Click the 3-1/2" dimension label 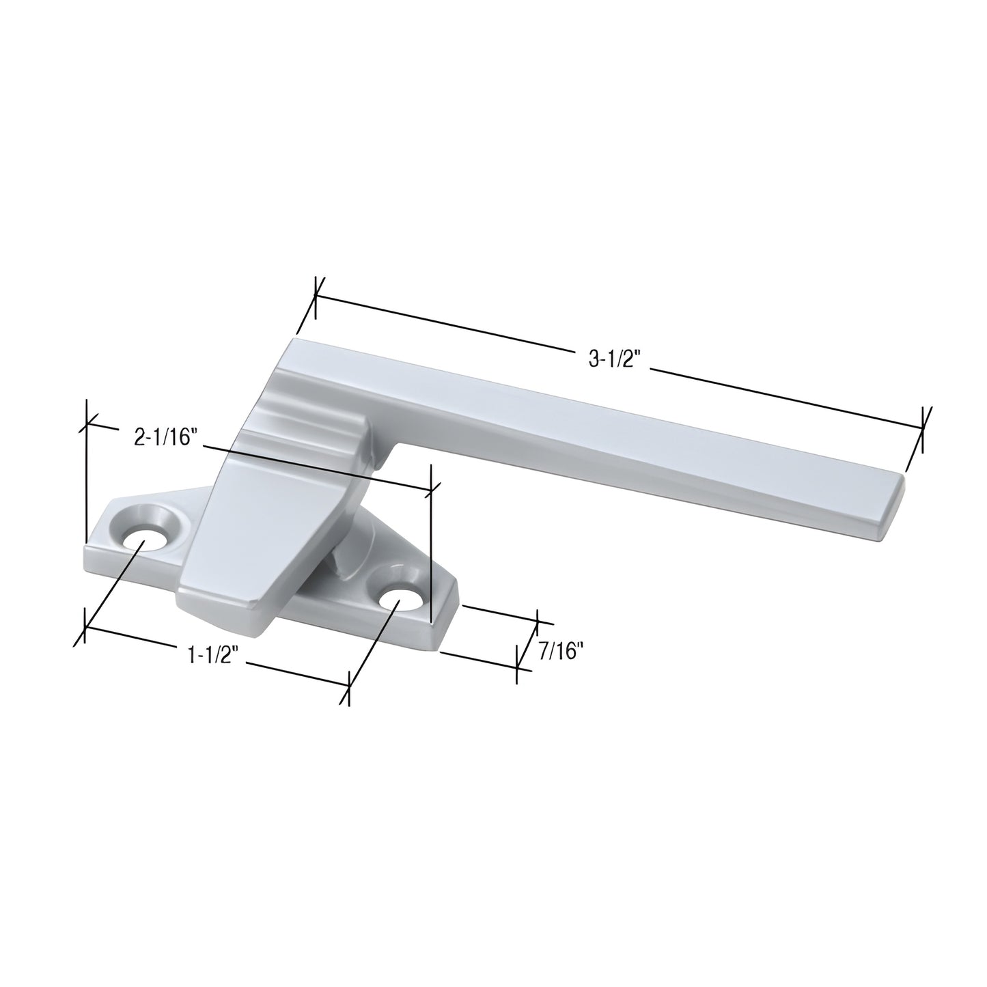(x=612, y=359)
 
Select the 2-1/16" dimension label (x=166, y=437)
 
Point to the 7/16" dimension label (x=560, y=652)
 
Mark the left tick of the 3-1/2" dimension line (x=315, y=297)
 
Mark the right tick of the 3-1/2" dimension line (x=923, y=428)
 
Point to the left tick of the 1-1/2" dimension (x=85, y=627)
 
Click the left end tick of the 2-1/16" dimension (x=87, y=424)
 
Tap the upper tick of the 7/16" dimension (x=538, y=621)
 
